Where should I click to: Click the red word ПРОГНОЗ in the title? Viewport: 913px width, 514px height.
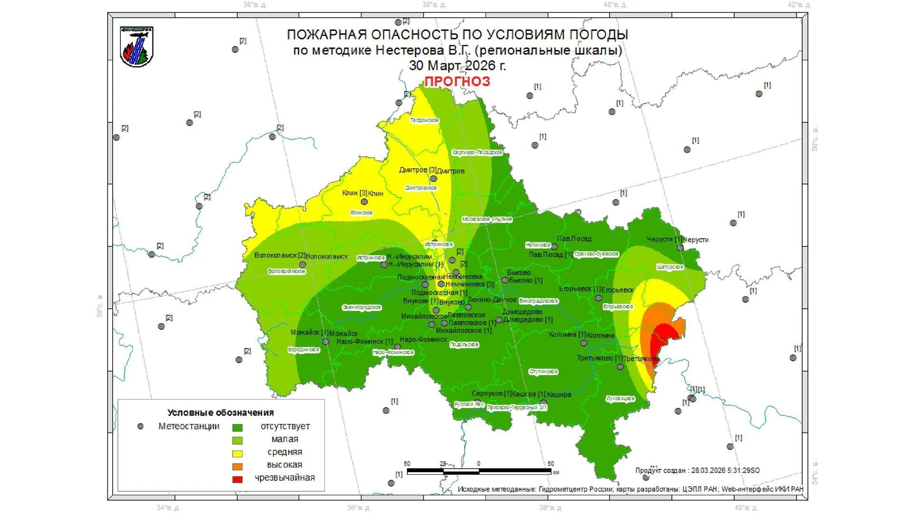[x=457, y=81]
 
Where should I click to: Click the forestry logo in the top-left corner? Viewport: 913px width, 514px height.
[x=136, y=47]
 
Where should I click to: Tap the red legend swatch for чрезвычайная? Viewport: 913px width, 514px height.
[x=237, y=479]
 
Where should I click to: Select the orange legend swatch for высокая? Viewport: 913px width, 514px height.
[x=237, y=466]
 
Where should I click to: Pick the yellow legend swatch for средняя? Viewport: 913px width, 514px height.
[x=237, y=454]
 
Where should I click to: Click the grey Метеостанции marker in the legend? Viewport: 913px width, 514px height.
[x=140, y=426]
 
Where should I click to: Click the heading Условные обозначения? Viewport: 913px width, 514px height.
[x=221, y=413]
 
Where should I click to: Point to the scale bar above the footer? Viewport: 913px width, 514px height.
[x=479, y=471]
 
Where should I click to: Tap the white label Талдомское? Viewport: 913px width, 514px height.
[x=424, y=120]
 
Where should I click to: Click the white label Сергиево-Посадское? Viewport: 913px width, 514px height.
[x=477, y=152]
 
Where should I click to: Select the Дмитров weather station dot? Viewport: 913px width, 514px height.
[x=433, y=179]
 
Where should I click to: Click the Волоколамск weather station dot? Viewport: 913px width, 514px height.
[x=302, y=265]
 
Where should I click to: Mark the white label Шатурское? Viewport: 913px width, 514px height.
[x=670, y=267]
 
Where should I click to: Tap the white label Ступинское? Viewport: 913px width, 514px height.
[x=543, y=372]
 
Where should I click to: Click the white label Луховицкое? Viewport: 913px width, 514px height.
[x=620, y=398]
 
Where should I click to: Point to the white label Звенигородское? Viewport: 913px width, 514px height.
[x=361, y=307]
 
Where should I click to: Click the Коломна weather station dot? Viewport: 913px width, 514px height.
[x=583, y=343]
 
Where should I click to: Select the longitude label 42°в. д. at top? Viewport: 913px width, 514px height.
[x=799, y=5]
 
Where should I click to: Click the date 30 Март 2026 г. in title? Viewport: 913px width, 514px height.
[x=457, y=66]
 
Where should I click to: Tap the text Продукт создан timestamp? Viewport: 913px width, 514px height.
[x=697, y=470]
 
